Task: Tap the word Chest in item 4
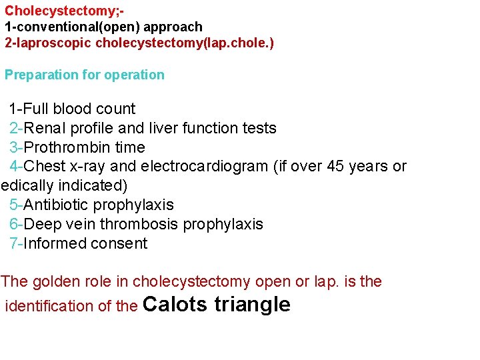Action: coord(45,166)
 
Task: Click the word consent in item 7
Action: coord(119,243)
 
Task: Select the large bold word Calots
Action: coord(175,305)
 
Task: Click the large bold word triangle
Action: coord(253,305)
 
